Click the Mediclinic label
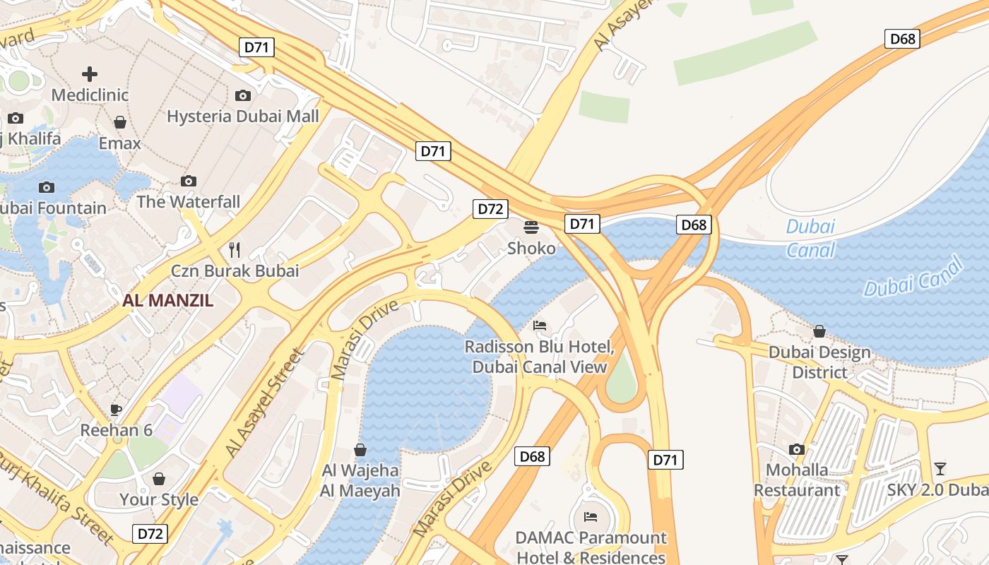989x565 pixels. pos(90,95)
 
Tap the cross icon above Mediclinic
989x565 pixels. pos(90,73)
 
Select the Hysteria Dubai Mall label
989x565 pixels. pos(242,116)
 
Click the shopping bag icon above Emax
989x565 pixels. pos(120,122)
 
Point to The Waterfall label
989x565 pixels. pos(188,202)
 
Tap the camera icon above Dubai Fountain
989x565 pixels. pos(47,187)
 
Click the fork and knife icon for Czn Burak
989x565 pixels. pos(235,249)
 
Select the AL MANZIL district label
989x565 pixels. pos(167,300)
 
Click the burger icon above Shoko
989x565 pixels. pos(531,227)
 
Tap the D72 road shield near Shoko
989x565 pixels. pos(490,209)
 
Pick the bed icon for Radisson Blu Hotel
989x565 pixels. pos(540,326)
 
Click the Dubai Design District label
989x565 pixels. pos(819,362)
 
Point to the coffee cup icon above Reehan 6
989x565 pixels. pos(116,410)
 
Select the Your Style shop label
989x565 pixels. pos(158,499)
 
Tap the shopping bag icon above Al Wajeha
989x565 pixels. pos(360,450)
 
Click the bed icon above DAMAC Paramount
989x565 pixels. pos(591,517)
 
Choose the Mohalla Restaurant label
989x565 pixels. pos(797,480)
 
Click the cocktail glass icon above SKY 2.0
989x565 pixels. pos(940,469)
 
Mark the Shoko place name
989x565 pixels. pos(531,249)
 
